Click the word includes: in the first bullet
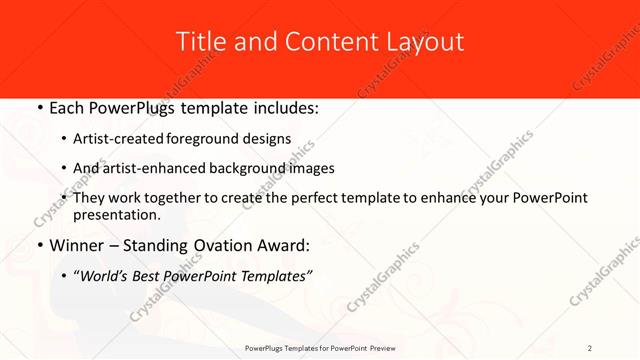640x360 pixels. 281,107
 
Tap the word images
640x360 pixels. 311,169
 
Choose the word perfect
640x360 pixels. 308,198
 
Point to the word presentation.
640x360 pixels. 116,215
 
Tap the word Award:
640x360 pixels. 284,245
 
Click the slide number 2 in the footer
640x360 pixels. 590,348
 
